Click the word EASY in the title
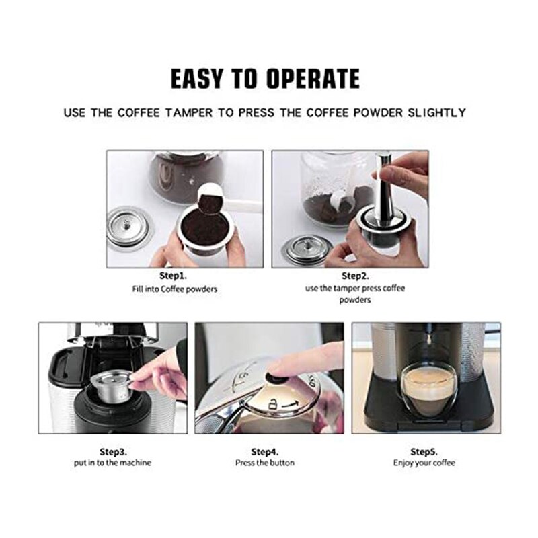pos(198,79)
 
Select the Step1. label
pos(174,276)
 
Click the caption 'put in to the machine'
pos(113,463)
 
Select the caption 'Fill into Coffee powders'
pos(174,289)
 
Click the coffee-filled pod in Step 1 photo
pos(205,232)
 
